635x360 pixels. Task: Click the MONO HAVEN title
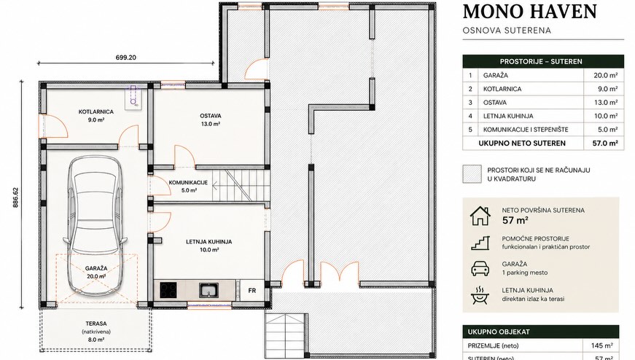[530, 12]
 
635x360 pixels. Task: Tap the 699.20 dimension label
[126, 58]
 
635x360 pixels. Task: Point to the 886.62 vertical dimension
[16, 197]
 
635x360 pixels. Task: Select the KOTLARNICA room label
[96, 111]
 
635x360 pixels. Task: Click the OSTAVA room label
[211, 116]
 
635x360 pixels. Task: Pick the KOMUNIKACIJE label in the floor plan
[188, 182]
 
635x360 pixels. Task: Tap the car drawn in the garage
[96, 224]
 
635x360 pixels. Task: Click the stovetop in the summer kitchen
[168, 290]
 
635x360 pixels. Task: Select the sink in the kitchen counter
[209, 290]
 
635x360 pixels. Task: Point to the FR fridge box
[252, 290]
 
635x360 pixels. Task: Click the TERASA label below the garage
[96, 324]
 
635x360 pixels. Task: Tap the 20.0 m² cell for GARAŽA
[606, 75]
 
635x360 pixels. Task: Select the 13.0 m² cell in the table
[606, 103]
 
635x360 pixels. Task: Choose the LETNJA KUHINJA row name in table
[508, 116]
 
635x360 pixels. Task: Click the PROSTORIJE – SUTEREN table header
[541, 61]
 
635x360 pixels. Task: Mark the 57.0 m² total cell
[605, 143]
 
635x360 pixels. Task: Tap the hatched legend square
[472, 174]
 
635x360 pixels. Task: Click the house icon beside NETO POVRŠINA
[480, 216]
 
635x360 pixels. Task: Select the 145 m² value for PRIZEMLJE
[603, 346]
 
